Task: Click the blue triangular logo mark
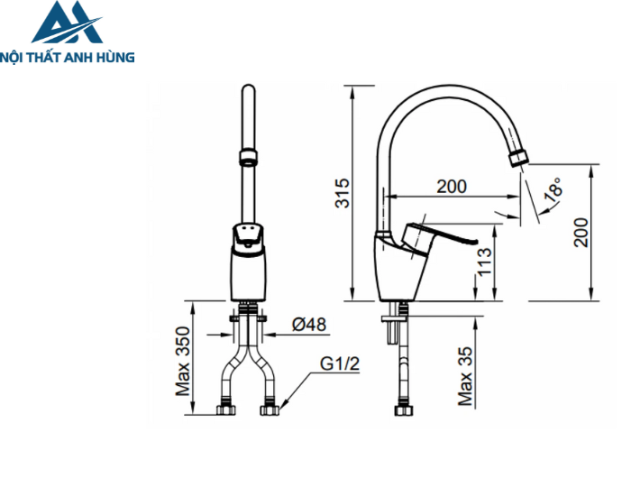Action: tap(65, 24)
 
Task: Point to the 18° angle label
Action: tap(553, 189)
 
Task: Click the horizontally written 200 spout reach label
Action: tap(451, 187)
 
